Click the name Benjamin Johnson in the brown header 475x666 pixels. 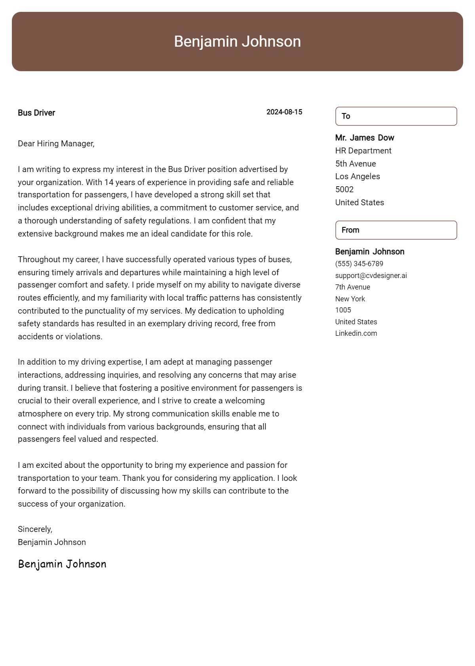click(237, 42)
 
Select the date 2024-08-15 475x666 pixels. click(284, 112)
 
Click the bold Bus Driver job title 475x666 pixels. click(36, 113)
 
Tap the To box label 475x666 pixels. click(346, 116)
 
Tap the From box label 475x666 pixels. click(350, 230)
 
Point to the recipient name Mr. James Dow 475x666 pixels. click(365, 138)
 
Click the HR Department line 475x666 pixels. click(363, 151)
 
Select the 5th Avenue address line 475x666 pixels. click(355, 164)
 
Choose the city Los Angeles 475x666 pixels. click(357, 176)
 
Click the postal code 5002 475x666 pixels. click(344, 189)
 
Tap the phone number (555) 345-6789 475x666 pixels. click(359, 264)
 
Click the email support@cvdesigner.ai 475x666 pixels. click(371, 276)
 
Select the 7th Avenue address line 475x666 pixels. click(353, 287)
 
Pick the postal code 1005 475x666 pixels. click(343, 310)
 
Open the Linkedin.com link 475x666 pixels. click(356, 333)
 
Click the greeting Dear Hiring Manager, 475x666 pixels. click(56, 144)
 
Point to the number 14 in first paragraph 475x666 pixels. click(108, 182)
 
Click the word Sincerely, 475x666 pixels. click(35, 529)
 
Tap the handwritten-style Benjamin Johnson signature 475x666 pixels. click(62, 564)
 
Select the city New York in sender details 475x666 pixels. click(350, 299)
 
